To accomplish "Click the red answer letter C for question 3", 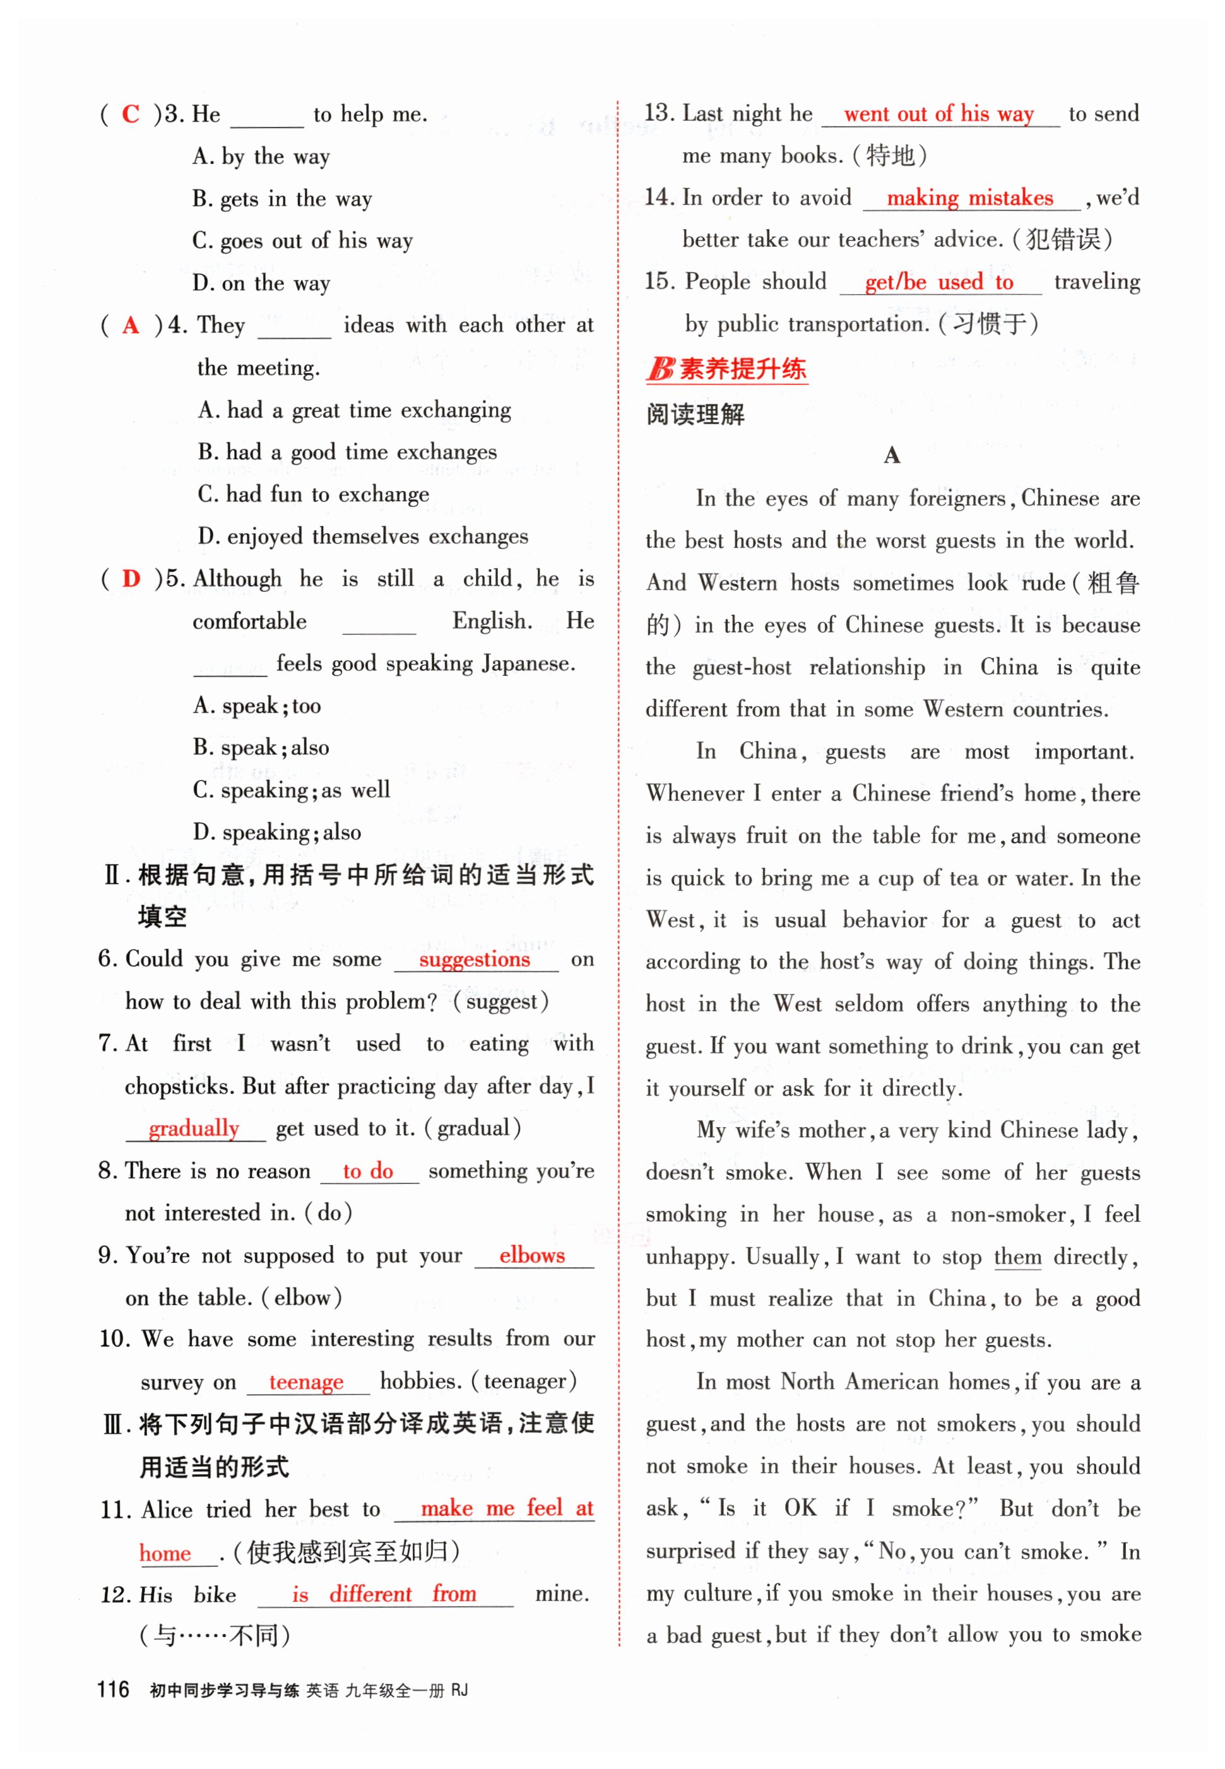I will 131,114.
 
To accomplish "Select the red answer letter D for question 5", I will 131,578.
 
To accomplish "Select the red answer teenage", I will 305,1381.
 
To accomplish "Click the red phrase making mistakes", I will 969,198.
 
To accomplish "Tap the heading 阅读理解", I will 695,415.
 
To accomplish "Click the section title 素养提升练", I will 742,369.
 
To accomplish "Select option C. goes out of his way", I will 302,241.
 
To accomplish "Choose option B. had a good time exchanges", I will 347,452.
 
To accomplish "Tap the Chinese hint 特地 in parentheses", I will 890,156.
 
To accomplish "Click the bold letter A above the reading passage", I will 891,455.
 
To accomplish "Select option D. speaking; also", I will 276,832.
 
